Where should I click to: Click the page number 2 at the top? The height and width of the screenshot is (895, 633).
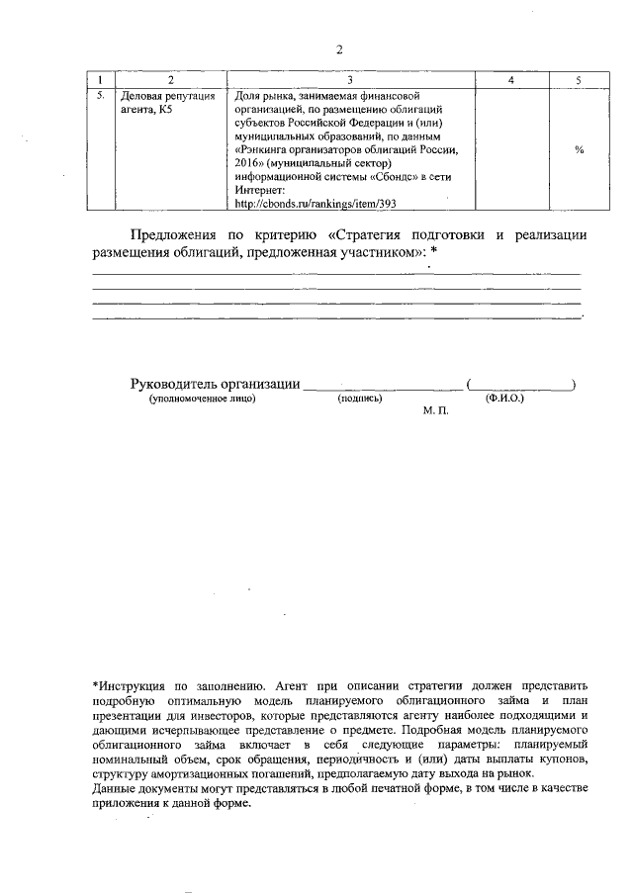(x=337, y=49)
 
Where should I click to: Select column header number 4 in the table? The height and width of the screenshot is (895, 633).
(x=510, y=78)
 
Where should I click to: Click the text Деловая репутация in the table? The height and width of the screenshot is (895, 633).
(x=166, y=96)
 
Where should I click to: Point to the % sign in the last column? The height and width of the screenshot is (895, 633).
(x=579, y=149)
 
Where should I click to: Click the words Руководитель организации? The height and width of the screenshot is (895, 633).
(x=215, y=385)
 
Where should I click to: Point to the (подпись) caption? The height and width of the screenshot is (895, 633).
(x=360, y=400)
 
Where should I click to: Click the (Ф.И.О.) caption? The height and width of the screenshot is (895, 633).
(x=503, y=400)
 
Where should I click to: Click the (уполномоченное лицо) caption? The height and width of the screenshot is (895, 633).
(x=202, y=400)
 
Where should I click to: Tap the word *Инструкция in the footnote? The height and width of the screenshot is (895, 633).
(x=136, y=683)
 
